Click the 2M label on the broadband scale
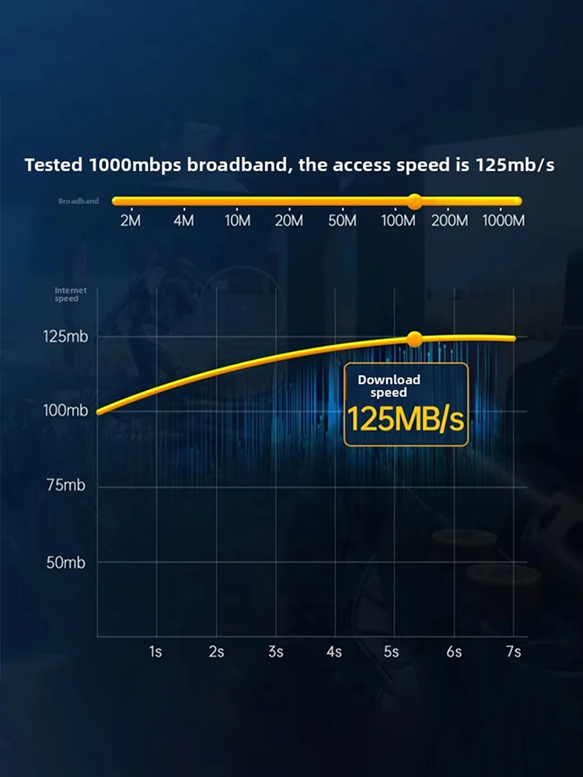tap(131, 221)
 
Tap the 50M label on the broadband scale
tap(342, 221)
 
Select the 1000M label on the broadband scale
tap(503, 221)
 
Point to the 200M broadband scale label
tap(449, 221)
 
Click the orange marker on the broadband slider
tap(414, 201)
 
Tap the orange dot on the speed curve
tap(414, 339)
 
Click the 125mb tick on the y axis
tap(66, 337)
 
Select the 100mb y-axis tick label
tap(66, 411)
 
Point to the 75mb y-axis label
tap(66, 486)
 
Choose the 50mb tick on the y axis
tap(66, 563)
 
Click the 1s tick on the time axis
tap(155, 652)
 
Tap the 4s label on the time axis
tap(334, 652)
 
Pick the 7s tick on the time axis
tap(513, 652)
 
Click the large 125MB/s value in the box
tap(405, 420)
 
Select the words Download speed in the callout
tap(389, 386)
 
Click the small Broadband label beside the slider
tap(79, 201)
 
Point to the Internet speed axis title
tap(71, 294)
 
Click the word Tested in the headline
tap(54, 166)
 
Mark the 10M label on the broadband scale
tap(237, 221)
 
